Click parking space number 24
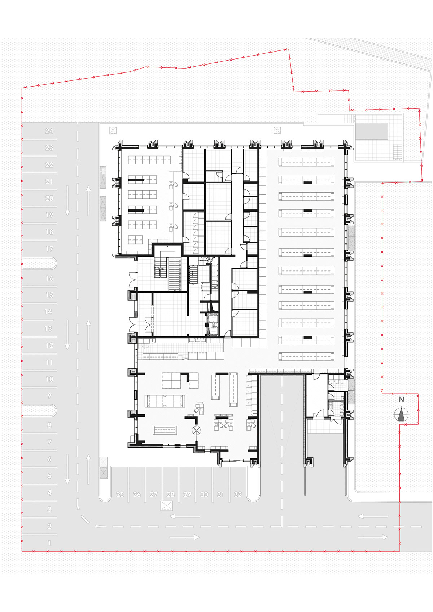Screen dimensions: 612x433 coord(49,131)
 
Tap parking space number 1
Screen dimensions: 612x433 coord(49,543)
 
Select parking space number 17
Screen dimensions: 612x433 coord(49,249)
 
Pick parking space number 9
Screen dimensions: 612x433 coord(49,396)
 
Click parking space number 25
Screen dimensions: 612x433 coord(120,494)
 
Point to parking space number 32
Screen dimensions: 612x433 coord(238,494)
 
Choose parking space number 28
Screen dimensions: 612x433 coord(171,494)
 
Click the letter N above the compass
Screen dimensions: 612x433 coord(401,400)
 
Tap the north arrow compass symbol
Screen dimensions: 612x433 coord(401,414)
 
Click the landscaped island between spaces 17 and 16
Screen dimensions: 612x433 coord(39,263)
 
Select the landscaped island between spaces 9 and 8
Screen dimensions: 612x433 coord(39,410)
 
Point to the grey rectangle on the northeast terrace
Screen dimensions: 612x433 coord(372,131)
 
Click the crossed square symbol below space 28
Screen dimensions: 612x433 coord(166,506)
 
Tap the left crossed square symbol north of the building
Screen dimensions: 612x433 coord(113,130)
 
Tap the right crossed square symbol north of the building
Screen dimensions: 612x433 coord(277,130)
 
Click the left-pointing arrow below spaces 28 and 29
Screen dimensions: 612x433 coord(184,516)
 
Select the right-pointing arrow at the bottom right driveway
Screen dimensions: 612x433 coord(373,537)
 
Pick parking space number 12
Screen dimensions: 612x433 coord(49,345)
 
